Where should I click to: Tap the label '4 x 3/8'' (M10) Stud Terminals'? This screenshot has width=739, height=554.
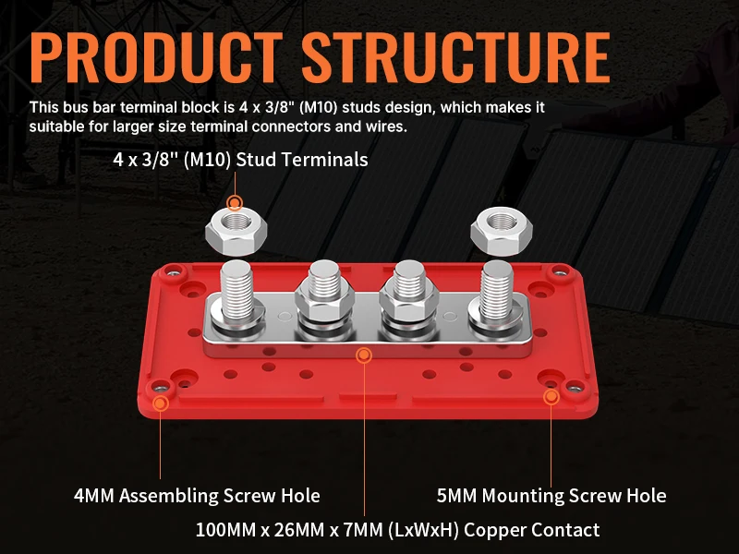pyautogui.click(x=240, y=160)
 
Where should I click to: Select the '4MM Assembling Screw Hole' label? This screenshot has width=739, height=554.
pyautogui.click(x=197, y=496)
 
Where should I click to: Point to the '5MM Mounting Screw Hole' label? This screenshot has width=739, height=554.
pyautogui.click(x=551, y=496)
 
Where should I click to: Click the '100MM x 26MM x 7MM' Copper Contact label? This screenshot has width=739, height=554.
pyautogui.click(x=397, y=530)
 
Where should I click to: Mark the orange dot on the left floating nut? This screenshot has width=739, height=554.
pyautogui.click(x=235, y=202)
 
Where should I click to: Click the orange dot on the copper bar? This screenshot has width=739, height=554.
pyautogui.click(x=364, y=355)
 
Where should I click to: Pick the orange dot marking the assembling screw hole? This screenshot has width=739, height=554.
pyautogui.click(x=161, y=403)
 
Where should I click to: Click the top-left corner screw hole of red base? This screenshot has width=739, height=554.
pyautogui.click(x=172, y=271)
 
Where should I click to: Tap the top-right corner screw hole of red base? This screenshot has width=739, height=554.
pyautogui.click(x=559, y=271)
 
